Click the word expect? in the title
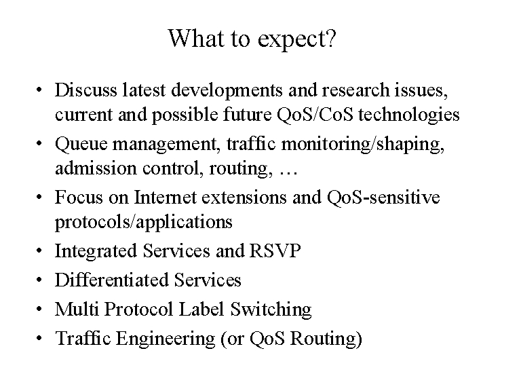(x=297, y=40)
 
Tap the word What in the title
(x=195, y=37)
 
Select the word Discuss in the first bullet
(x=86, y=90)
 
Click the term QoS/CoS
(x=315, y=114)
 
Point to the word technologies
(x=409, y=115)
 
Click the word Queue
(x=81, y=145)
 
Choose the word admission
(x=96, y=168)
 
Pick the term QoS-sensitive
(x=383, y=197)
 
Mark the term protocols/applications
(x=144, y=222)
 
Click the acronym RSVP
(x=275, y=250)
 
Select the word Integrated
(x=96, y=252)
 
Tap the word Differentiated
(x=112, y=280)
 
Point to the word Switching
(x=271, y=310)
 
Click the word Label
(x=201, y=309)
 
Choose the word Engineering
(x=166, y=339)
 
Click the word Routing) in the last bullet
(x=326, y=339)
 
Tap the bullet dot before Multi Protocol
(x=39, y=310)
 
